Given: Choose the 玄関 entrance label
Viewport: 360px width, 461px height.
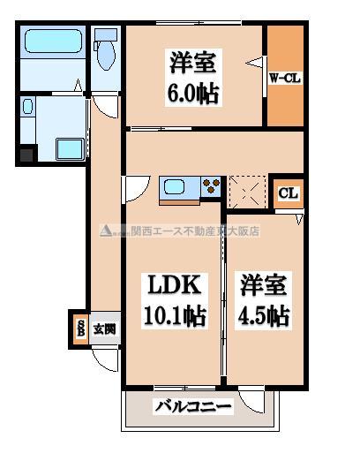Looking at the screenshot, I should pos(104,330).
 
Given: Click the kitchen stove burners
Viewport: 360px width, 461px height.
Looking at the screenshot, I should pos(212,187).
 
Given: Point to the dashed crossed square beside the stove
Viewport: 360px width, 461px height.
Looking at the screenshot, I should pos(244,190).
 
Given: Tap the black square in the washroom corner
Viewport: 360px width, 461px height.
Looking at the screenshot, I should pos(26,156).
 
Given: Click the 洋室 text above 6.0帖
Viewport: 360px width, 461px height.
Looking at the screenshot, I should pos(193,64).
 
